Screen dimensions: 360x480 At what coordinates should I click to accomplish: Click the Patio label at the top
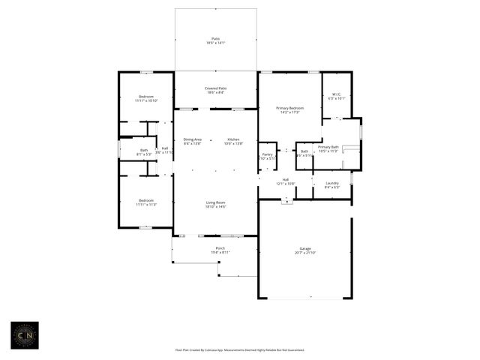(216, 39)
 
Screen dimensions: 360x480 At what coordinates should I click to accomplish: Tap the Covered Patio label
(216, 88)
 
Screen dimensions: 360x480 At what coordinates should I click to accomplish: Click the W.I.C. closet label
(337, 94)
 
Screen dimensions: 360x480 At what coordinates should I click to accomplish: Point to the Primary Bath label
(328, 147)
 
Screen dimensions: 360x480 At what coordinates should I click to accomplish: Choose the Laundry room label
(331, 183)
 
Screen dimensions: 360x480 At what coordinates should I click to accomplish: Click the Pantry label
(267, 154)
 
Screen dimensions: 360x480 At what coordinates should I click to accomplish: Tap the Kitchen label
(233, 139)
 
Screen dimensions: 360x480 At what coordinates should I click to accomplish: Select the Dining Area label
(193, 139)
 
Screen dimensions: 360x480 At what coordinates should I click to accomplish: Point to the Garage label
(304, 248)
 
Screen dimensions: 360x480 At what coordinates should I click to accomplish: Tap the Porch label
(220, 248)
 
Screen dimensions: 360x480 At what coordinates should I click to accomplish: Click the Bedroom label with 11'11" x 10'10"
(146, 97)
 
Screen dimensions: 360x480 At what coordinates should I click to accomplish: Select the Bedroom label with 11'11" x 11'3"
(146, 200)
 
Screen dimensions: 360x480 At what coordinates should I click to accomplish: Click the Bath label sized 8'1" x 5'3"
(144, 150)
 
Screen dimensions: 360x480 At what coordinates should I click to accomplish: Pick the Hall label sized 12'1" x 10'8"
(286, 179)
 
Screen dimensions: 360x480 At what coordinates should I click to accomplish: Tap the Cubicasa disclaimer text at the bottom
(240, 349)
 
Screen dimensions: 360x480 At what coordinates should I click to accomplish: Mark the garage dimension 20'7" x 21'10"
(304, 253)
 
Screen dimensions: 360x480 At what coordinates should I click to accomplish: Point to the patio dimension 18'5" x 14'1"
(216, 43)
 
